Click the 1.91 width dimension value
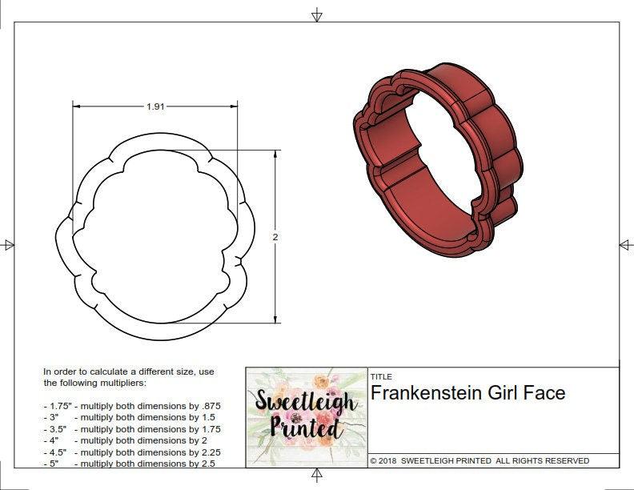(x=155, y=106)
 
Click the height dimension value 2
(x=275, y=237)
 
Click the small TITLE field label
(x=381, y=377)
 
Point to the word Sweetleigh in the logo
(x=305, y=401)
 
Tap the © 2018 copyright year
(x=383, y=461)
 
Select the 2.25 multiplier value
(x=211, y=452)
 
